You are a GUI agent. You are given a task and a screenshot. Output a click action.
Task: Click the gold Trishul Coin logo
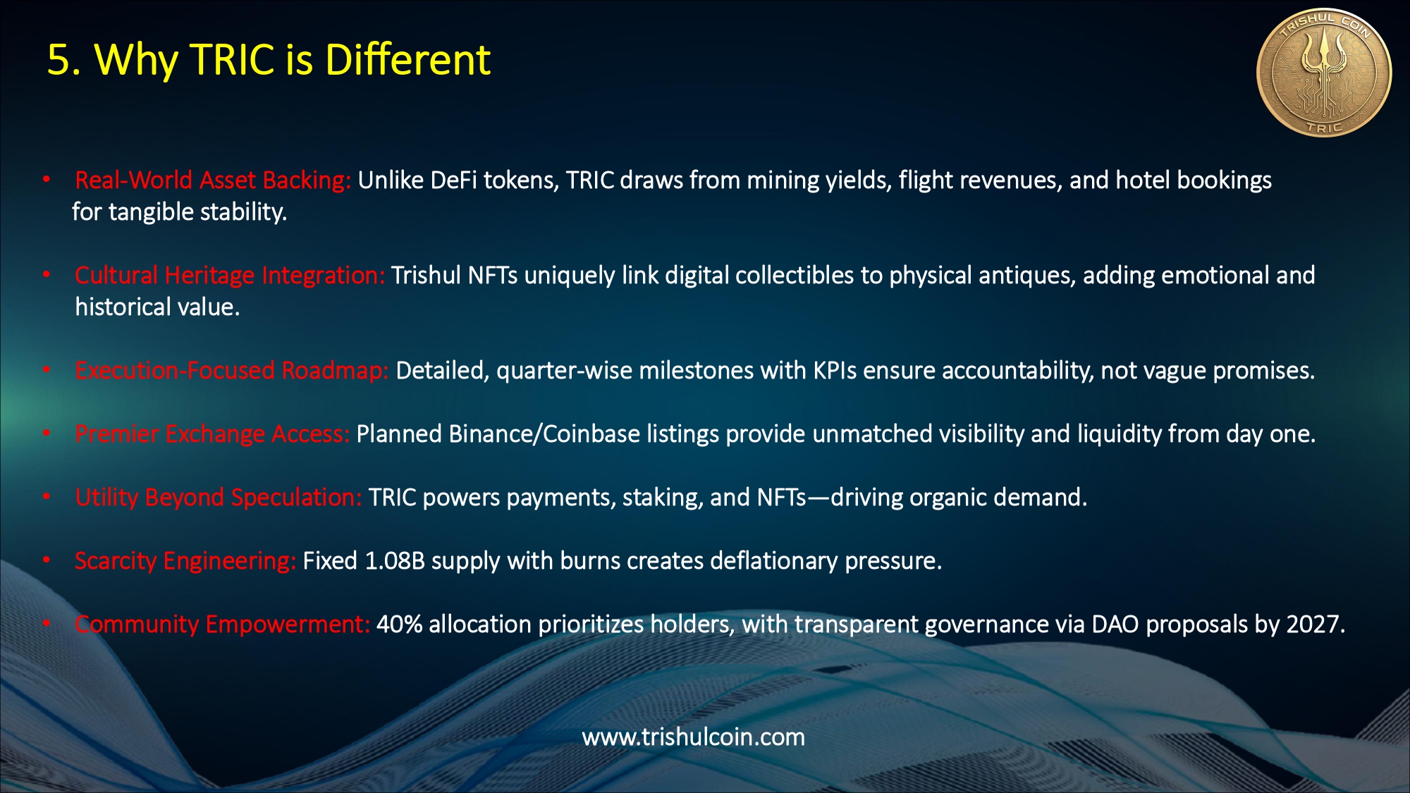tap(1324, 73)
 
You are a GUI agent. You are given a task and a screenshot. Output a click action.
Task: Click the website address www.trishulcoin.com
tap(693, 737)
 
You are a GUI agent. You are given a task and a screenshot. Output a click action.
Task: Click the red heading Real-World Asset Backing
tap(213, 180)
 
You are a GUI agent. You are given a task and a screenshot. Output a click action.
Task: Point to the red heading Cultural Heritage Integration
tap(230, 275)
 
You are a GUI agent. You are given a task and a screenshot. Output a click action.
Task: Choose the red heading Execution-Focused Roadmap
tap(232, 371)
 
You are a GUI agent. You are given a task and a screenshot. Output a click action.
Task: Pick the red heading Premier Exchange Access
tap(212, 434)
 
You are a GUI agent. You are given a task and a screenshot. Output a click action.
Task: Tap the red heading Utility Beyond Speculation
tap(219, 498)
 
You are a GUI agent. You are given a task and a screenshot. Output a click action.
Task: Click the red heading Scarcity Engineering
tap(185, 561)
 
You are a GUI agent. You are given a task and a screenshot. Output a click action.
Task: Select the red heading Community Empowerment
tap(222, 625)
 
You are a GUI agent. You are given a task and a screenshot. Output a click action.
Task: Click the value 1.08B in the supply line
tap(395, 561)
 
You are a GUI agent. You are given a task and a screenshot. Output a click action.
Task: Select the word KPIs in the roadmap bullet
tap(835, 371)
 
